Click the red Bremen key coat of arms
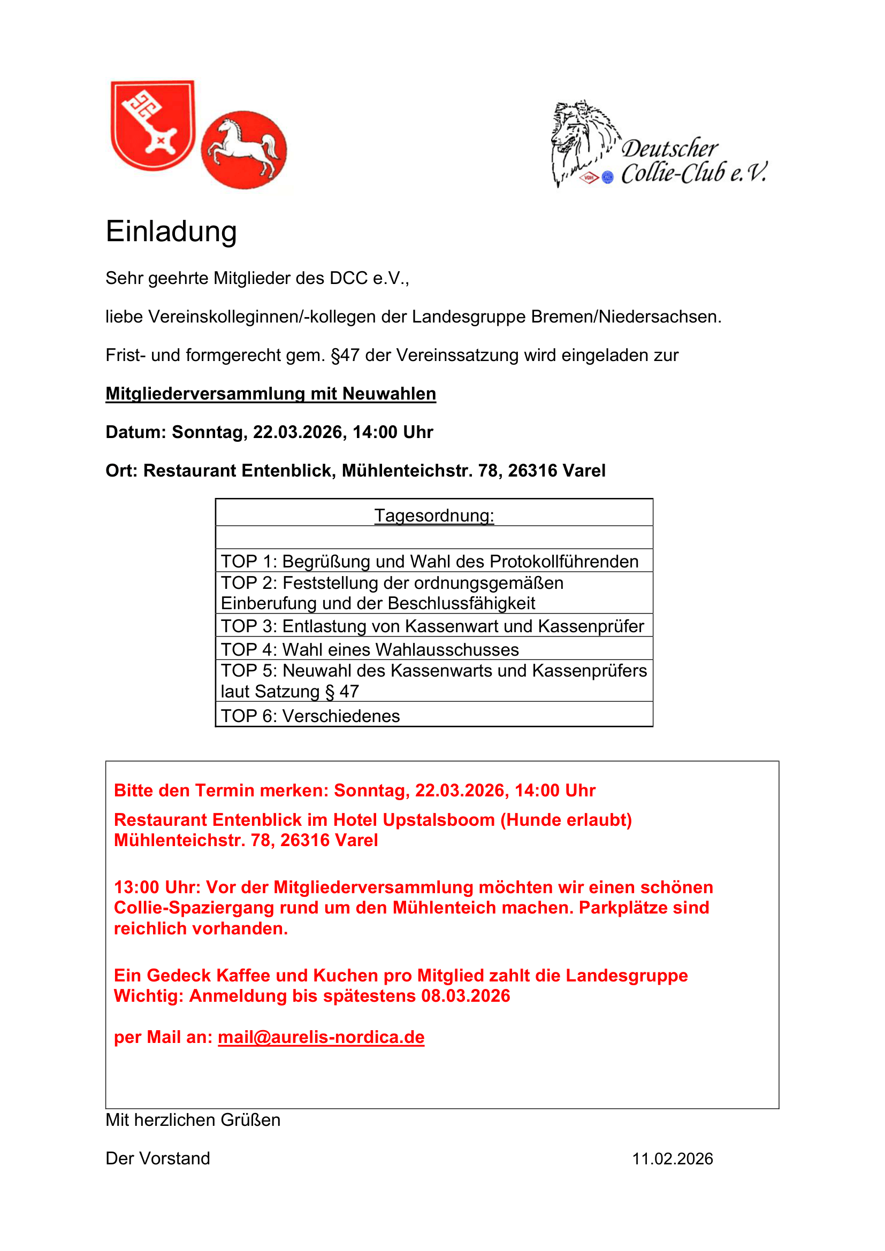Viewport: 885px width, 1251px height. pos(152,125)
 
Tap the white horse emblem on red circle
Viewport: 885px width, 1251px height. pos(244,149)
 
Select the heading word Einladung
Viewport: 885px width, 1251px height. pos(171,232)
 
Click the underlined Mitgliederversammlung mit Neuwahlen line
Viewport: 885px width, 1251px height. pos(271,394)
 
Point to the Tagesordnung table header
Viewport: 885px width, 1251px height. pos(434,515)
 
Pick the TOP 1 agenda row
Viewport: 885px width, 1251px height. pos(430,561)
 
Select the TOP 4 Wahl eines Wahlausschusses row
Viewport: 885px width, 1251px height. pos(370,649)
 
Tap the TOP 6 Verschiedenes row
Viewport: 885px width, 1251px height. pos(311,716)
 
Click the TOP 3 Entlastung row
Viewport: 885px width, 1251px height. pos(432,626)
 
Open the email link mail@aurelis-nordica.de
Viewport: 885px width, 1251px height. pos(321,1037)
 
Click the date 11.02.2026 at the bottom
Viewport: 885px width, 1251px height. pos(673,1158)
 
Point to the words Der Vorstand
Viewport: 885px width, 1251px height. pos(158,1158)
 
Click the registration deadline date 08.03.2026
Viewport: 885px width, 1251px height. pos(466,995)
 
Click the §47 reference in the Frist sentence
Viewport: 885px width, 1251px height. pos(346,355)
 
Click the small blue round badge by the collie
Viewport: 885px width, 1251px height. pos(608,178)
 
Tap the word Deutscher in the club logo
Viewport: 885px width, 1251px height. pos(670,149)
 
